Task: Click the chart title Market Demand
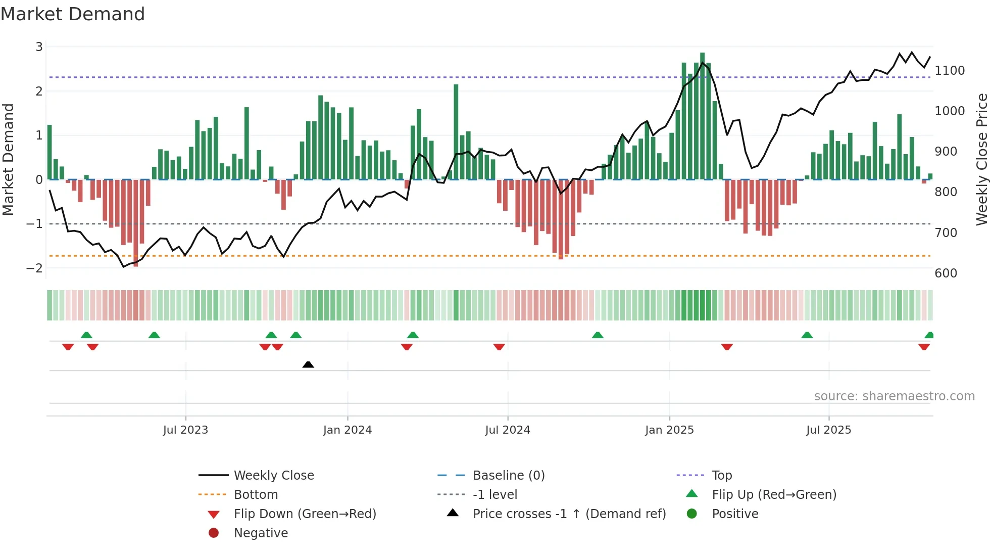coord(73,14)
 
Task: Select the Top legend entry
coord(721,475)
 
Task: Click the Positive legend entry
coord(735,514)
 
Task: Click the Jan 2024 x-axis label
coord(348,430)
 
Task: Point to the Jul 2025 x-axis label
coord(828,430)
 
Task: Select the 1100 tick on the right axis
coord(950,70)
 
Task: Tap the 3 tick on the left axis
coord(39,47)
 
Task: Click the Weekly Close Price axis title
coord(981,159)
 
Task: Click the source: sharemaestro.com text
coord(894,396)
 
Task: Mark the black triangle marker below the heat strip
coord(308,364)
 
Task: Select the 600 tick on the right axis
coord(946,273)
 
